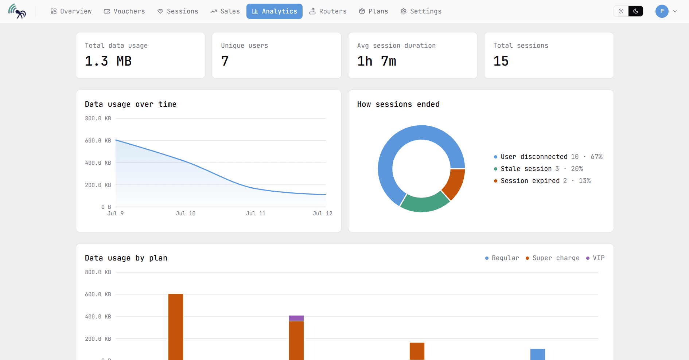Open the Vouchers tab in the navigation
(124, 11)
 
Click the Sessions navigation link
(178, 11)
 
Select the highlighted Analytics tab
(275, 11)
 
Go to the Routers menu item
(328, 11)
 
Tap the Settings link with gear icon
(421, 11)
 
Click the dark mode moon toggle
(636, 11)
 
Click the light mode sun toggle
(621, 11)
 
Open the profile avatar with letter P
(662, 11)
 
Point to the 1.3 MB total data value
(108, 61)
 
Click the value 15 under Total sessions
(501, 61)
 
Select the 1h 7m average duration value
(377, 61)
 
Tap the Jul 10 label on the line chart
(186, 214)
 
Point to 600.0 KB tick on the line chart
(98, 141)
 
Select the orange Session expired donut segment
(454, 184)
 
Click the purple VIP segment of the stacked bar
(296, 318)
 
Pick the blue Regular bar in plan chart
(538, 354)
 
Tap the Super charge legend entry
(553, 258)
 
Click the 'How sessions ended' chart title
(398, 104)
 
